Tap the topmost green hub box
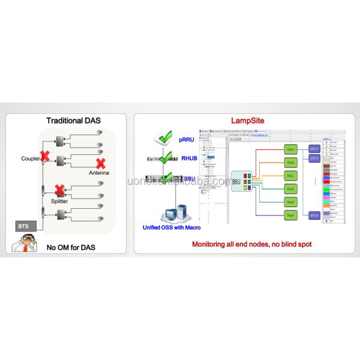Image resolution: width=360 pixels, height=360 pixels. [x=291, y=148]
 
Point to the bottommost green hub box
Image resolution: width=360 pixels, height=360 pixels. [x=291, y=215]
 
